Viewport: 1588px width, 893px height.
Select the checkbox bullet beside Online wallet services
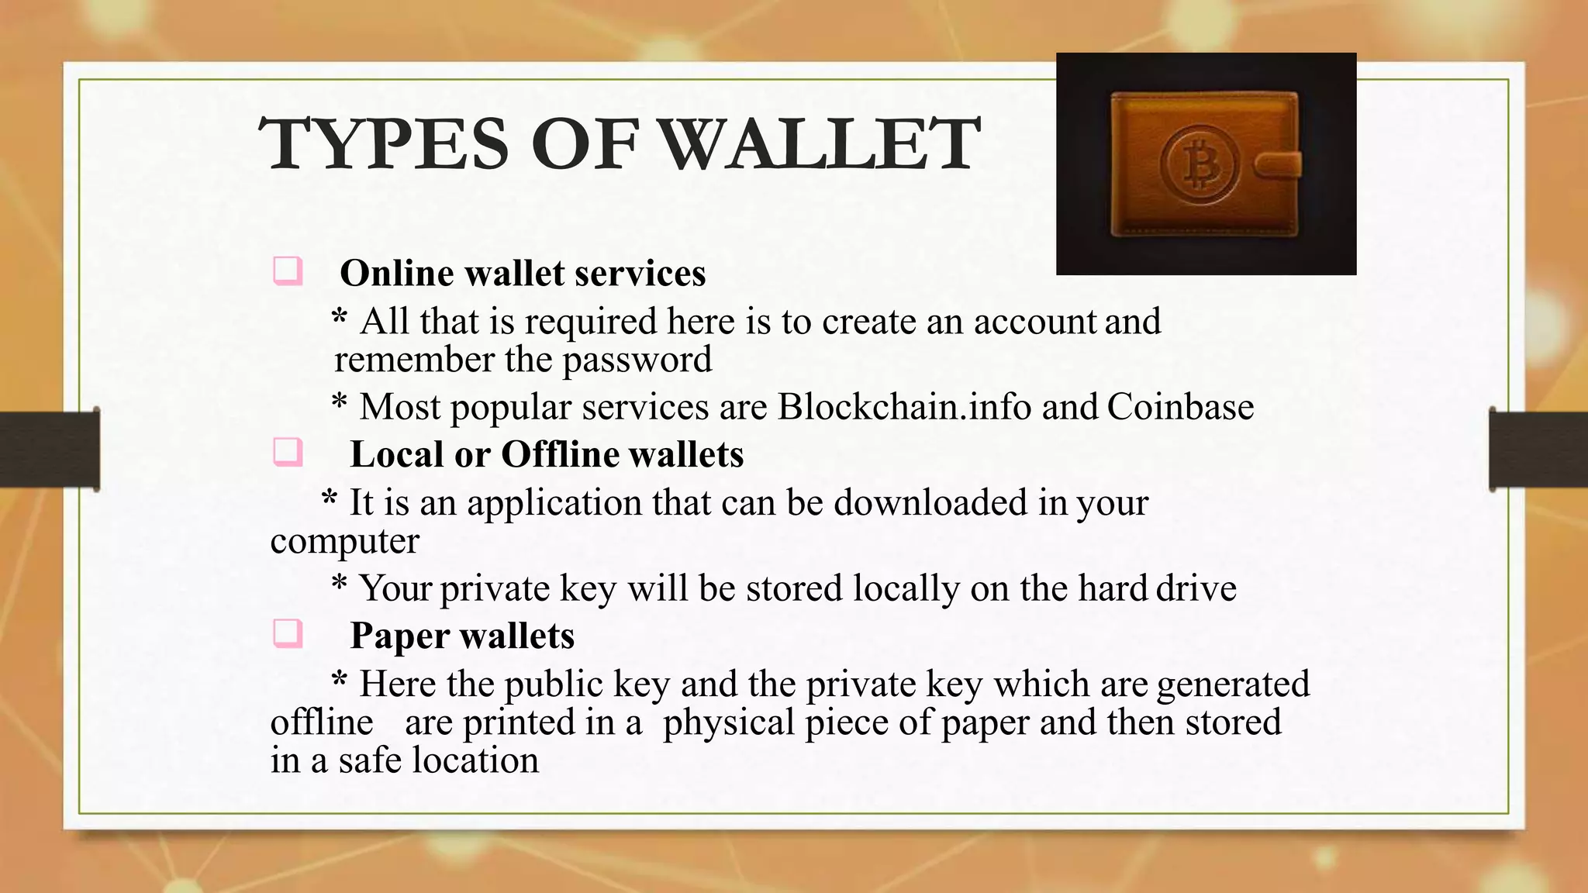[x=287, y=272]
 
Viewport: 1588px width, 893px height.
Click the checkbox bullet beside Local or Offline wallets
[x=287, y=453]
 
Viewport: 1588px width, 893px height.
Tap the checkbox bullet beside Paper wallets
[x=287, y=634]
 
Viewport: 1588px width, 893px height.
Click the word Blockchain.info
[x=904, y=407]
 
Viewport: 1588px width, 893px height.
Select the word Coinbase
[x=1180, y=407]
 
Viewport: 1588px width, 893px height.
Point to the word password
[x=637, y=360]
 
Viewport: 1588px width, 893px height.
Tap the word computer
[x=344, y=541]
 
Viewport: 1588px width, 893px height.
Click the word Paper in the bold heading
[x=399, y=636]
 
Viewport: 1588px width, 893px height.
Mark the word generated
[x=1233, y=684]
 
